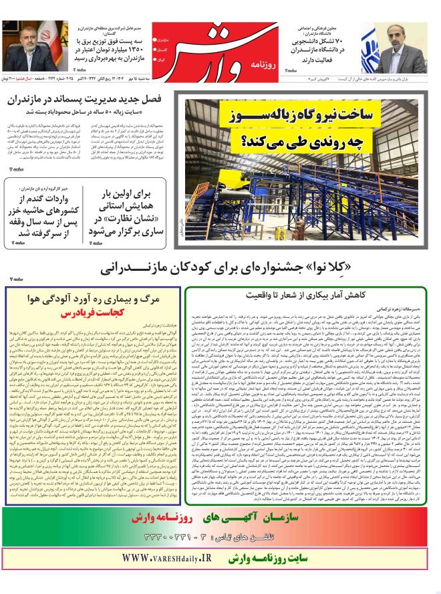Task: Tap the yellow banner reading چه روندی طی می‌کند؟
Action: [284, 141]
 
